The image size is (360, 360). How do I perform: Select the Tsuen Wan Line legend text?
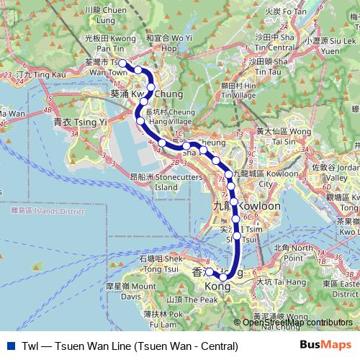click(x=130, y=346)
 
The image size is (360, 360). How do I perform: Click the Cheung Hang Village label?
click(x=171, y=117)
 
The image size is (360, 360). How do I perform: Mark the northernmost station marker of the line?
click(x=123, y=63)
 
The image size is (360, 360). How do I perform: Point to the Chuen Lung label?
click(x=105, y=11)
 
